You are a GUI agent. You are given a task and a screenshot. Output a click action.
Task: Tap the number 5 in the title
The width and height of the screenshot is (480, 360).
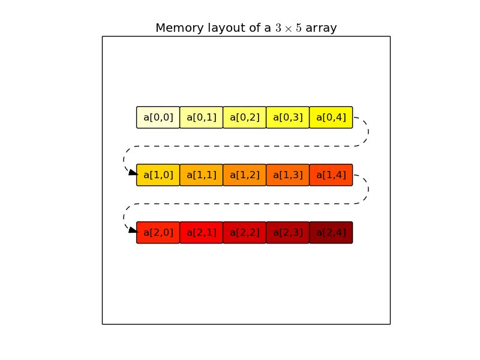pyautogui.click(x=298, y=28)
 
